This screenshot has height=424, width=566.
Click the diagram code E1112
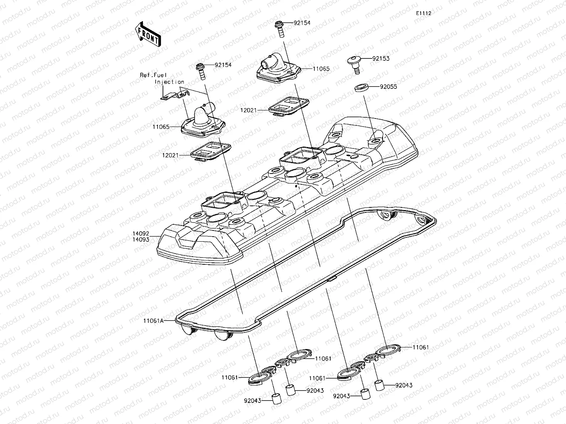click(423, 13)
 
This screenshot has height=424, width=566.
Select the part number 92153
click(381, 58)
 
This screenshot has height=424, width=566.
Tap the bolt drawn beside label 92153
click(354, 63)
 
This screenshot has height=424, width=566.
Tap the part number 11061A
click(153, 320)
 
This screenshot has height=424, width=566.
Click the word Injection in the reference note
click(170, 82)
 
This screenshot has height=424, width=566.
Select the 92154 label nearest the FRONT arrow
click(223, 65)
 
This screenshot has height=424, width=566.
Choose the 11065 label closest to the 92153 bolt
click(321, 69)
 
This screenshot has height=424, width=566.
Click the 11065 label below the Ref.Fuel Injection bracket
click(161, 127)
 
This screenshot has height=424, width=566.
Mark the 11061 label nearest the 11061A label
click(229, 377)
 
